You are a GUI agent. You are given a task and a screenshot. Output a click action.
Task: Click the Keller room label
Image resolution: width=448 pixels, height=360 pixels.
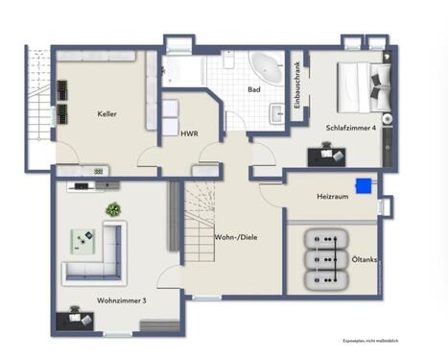106,114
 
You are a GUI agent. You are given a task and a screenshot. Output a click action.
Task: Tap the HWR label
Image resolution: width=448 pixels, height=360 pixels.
188,133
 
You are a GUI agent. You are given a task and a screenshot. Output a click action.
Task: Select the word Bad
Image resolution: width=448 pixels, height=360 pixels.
253,89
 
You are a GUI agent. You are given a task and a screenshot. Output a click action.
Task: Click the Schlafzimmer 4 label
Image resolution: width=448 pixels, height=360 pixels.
350,127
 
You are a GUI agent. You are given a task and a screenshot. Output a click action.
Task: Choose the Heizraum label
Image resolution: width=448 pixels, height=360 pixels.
331,195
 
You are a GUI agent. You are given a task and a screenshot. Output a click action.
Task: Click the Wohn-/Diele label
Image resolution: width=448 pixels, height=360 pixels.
236,236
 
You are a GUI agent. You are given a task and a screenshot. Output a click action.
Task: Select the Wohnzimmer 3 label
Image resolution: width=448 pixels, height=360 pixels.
121,300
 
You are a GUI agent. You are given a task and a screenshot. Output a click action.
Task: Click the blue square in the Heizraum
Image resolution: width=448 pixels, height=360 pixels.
363,185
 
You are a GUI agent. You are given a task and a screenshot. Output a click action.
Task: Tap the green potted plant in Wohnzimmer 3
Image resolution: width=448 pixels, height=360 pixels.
113,208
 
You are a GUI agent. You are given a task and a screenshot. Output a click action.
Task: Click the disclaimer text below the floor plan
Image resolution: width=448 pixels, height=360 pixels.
370,340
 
